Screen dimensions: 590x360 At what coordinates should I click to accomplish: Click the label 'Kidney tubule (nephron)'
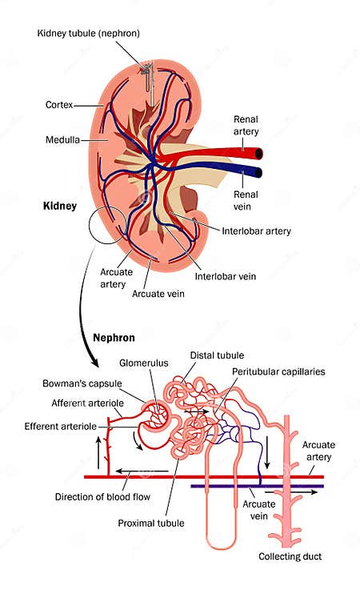click(x=88, y=33)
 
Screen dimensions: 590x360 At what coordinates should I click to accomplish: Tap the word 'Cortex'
click(x=61, y=105)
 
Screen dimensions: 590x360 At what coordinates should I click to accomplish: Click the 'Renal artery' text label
click(x=246, y=125)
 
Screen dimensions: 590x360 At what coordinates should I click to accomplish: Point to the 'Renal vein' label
click(x=246, y=199)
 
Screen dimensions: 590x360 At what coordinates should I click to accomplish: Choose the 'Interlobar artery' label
click(x=255, y=231)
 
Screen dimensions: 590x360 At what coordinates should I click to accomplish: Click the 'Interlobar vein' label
click(x=226, y=278)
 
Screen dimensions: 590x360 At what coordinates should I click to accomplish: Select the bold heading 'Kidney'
click(x=59, y=207)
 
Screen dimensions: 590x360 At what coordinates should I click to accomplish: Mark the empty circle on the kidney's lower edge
click(x=107, y=225)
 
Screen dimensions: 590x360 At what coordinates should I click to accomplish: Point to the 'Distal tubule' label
click(x=217, y=355)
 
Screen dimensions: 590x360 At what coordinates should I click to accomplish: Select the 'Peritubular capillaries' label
click(x=277, y=371)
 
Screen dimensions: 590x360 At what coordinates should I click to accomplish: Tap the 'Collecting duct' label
click(x=289, y=556)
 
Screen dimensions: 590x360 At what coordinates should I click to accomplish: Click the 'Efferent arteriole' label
click(x=62, y=425)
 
